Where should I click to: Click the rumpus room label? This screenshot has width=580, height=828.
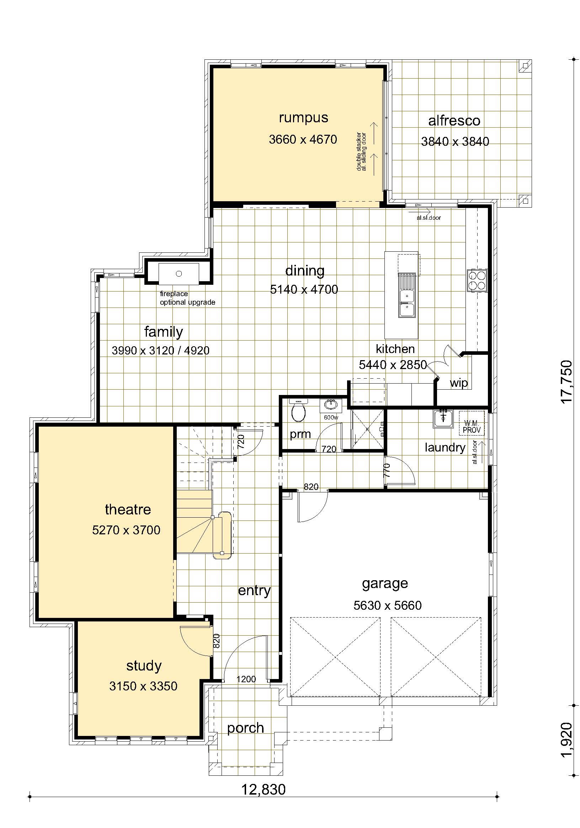pos(303,118)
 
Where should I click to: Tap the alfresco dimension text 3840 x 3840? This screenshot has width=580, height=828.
pos(455,141)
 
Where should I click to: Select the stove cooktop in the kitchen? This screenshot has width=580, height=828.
pos(477,280)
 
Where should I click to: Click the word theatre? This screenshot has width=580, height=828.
pos(128,509)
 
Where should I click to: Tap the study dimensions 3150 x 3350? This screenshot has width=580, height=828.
pos(143,685)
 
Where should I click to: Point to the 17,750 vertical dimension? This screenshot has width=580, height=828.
pos(566,381)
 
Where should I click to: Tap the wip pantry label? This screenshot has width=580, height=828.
pos(458,383)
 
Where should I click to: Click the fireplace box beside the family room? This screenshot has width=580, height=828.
pos(179,274)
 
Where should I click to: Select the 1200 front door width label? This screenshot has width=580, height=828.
pos(246,679)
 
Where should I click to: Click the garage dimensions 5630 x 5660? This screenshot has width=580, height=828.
pos(387,605)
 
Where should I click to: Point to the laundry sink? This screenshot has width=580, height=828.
pos(443,418)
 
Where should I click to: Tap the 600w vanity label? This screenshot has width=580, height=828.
pos(331,417)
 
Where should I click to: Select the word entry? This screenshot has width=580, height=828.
pos(254,591)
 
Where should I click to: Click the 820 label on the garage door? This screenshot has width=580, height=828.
pos(311,487)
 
